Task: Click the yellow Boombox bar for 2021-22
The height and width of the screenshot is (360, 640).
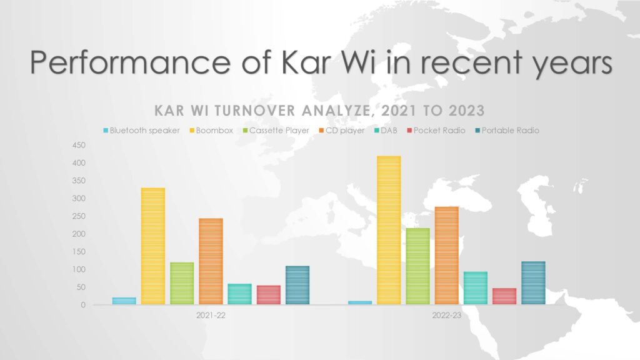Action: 153,246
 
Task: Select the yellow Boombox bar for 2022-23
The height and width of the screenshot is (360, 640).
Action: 389,230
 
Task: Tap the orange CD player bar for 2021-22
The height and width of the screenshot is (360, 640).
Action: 211,261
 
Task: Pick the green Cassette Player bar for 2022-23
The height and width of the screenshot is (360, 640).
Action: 417,266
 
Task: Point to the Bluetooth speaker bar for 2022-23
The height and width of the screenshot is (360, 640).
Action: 360,303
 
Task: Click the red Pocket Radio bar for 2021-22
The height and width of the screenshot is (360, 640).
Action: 269,295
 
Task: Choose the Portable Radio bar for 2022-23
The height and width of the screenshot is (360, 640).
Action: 533,283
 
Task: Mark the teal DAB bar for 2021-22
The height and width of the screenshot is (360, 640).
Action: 239,294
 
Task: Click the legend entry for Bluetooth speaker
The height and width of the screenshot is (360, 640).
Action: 141,131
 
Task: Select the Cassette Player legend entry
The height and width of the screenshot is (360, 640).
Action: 276,131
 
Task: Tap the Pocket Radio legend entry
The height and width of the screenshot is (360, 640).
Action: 436,131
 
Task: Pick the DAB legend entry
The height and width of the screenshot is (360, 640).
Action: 386,131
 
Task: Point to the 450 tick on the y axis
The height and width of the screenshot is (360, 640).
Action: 79,145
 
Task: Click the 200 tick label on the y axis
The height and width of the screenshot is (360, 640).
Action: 79,234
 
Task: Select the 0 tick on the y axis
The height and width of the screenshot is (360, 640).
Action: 83,305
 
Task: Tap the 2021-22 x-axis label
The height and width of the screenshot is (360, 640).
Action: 211,316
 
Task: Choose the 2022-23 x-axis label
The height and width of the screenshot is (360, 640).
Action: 446,316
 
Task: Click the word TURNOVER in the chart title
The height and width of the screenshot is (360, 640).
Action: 255,111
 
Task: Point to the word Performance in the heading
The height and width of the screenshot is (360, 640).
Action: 130,62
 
